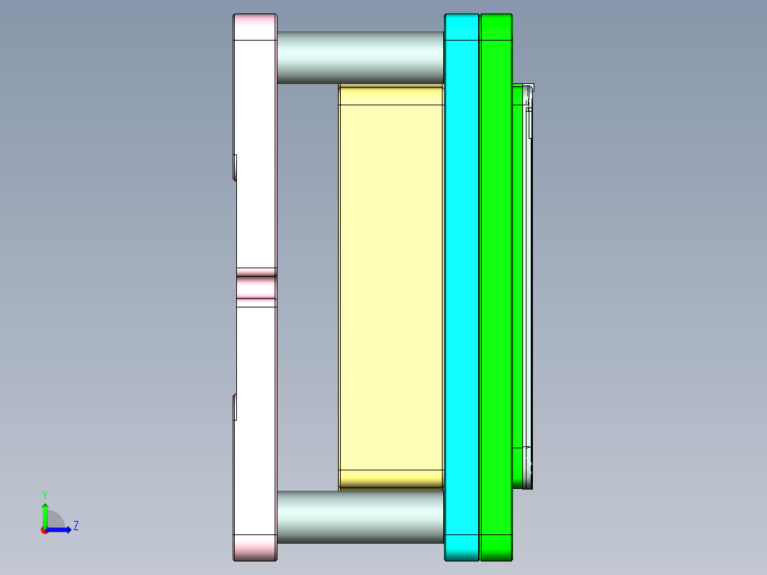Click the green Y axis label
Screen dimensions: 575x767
click(44, 494)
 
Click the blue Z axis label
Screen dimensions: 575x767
click(75, 526)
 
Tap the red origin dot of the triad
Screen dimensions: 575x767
click(44, 529)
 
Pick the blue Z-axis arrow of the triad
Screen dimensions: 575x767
click(61, 529)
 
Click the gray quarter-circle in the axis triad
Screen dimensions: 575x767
click(55, 520)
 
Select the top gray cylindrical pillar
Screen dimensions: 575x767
click(360, 57)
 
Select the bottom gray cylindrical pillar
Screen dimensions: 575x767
click(360, 517)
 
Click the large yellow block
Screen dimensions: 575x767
click(391, 285)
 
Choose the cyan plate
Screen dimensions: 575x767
click(462, 285)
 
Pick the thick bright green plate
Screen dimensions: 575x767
click(496, 285)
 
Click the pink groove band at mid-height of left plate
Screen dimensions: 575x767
click(256, 287)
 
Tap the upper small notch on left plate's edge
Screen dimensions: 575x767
click(235, 167)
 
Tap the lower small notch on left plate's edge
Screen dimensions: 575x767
click(235, 406)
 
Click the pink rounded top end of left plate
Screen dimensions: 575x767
click(255, 27)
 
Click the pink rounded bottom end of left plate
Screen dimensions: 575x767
click(255, 547)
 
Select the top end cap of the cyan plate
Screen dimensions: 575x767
click(462, 27)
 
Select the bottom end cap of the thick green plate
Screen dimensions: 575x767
click(496, 547)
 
